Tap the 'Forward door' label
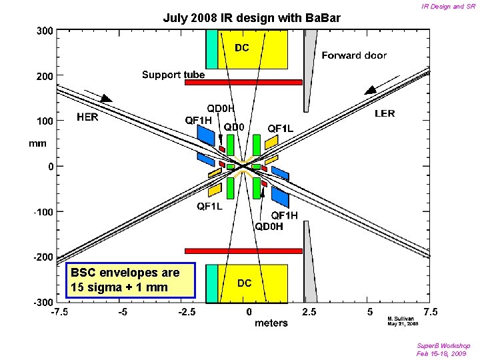pyautogui.click(x=354, y=56)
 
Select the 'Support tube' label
pyautogui.click(x=173, y=75)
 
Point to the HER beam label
pyautogui.click(x=90, y=117)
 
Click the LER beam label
pyautogui.click(x=385, y=114)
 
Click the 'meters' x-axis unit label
pyautogui.click(x=271, y=323)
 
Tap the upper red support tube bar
pyautogui.click(x=243, y=82)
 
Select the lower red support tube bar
pyautogui.click(x=243, y=251)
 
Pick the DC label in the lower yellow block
pyautogui.click(x=245, y=283)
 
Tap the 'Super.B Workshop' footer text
pyautogui.click(x=443, y=345)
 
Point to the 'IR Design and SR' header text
pyautogui.click(x=448, y=6)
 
